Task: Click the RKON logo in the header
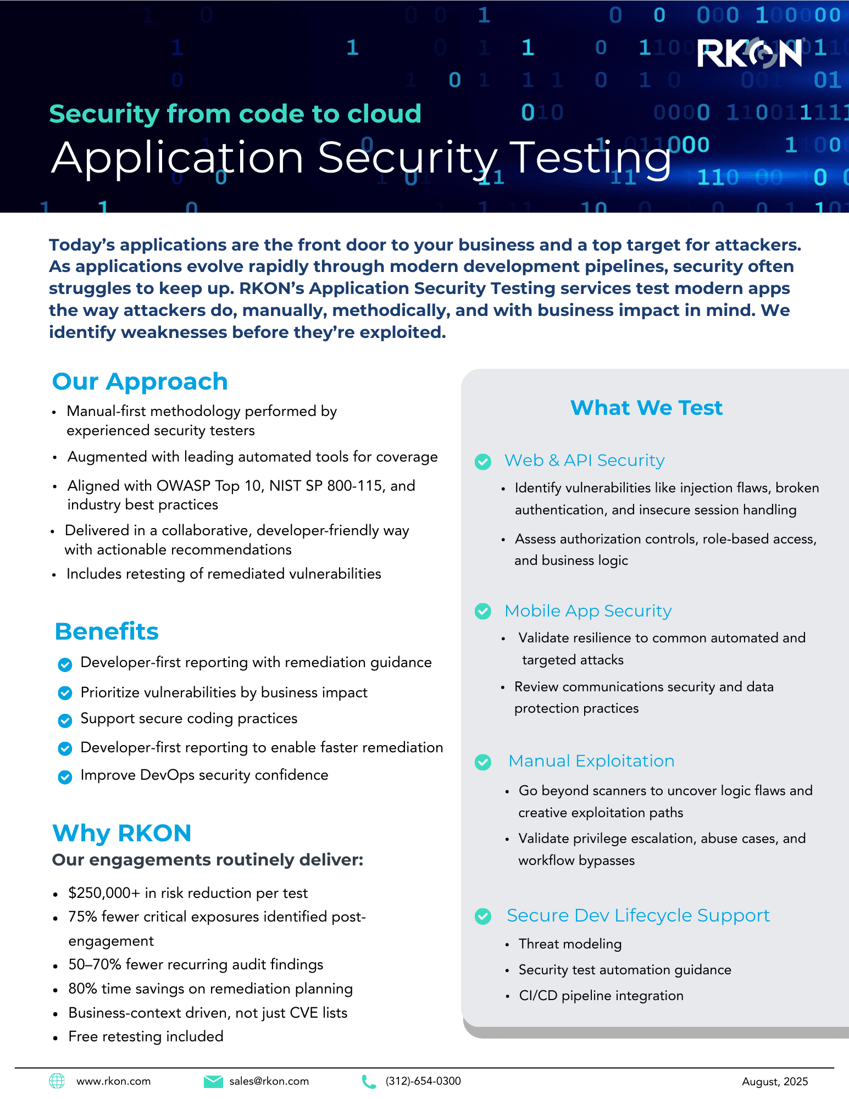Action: click(x=751, y=53)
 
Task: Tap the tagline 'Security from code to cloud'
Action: click(x=235, y=114)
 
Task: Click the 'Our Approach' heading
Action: click(x=140, y=381)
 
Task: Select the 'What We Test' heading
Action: click(x=646, y=408)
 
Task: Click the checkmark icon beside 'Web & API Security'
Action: click(x=483, y=462)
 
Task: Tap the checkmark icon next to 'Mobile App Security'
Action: click(x=483, y=611)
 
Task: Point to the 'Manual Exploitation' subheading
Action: click(x=591, y=761)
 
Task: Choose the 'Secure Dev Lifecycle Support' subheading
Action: click(x=638, y=915)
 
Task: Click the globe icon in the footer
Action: click(x=57, y=1081)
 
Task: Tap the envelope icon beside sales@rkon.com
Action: click(x=213, y=1081)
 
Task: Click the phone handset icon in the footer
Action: click(x=369, y=1081)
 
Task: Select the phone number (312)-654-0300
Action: click(x=423, y=1081)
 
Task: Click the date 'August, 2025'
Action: click(x=775, y=1082)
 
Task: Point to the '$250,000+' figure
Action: click(x=104, y=893)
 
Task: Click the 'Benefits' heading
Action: click(x=107, y=631)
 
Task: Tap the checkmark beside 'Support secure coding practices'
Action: click(x=65, y=720)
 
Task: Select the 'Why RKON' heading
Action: click(x=121, y=833)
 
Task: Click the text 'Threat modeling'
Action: click(x=570, y=944)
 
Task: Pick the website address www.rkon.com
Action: click(x=113, y=1081)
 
